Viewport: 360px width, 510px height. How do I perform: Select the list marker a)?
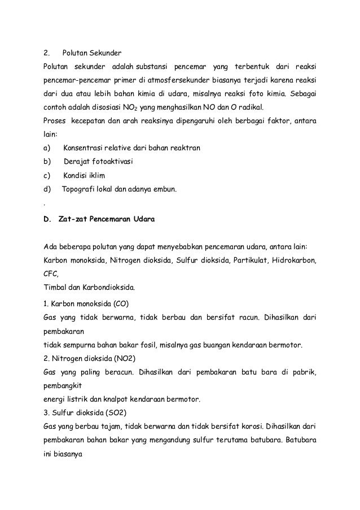pos(47,148)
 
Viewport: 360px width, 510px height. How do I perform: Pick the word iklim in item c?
pos(101,176)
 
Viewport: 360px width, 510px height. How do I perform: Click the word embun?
pos(164,189)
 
